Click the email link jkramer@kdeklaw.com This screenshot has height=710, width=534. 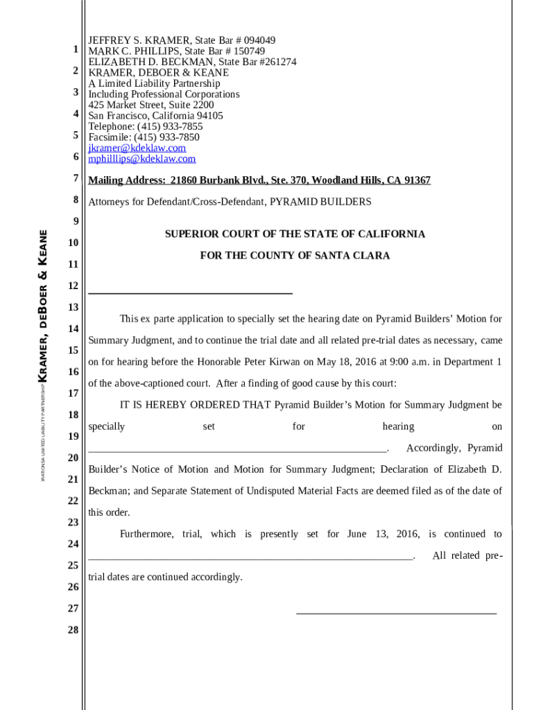pos(137,148)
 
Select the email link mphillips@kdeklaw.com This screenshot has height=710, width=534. pos(141,159)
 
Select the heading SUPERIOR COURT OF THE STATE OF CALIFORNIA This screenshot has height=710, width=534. pos(295,234)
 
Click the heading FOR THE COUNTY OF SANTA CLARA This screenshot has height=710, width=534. pos(295,256)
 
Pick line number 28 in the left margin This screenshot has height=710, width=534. pos(74,630)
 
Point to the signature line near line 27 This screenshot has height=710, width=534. pos(396,612)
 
